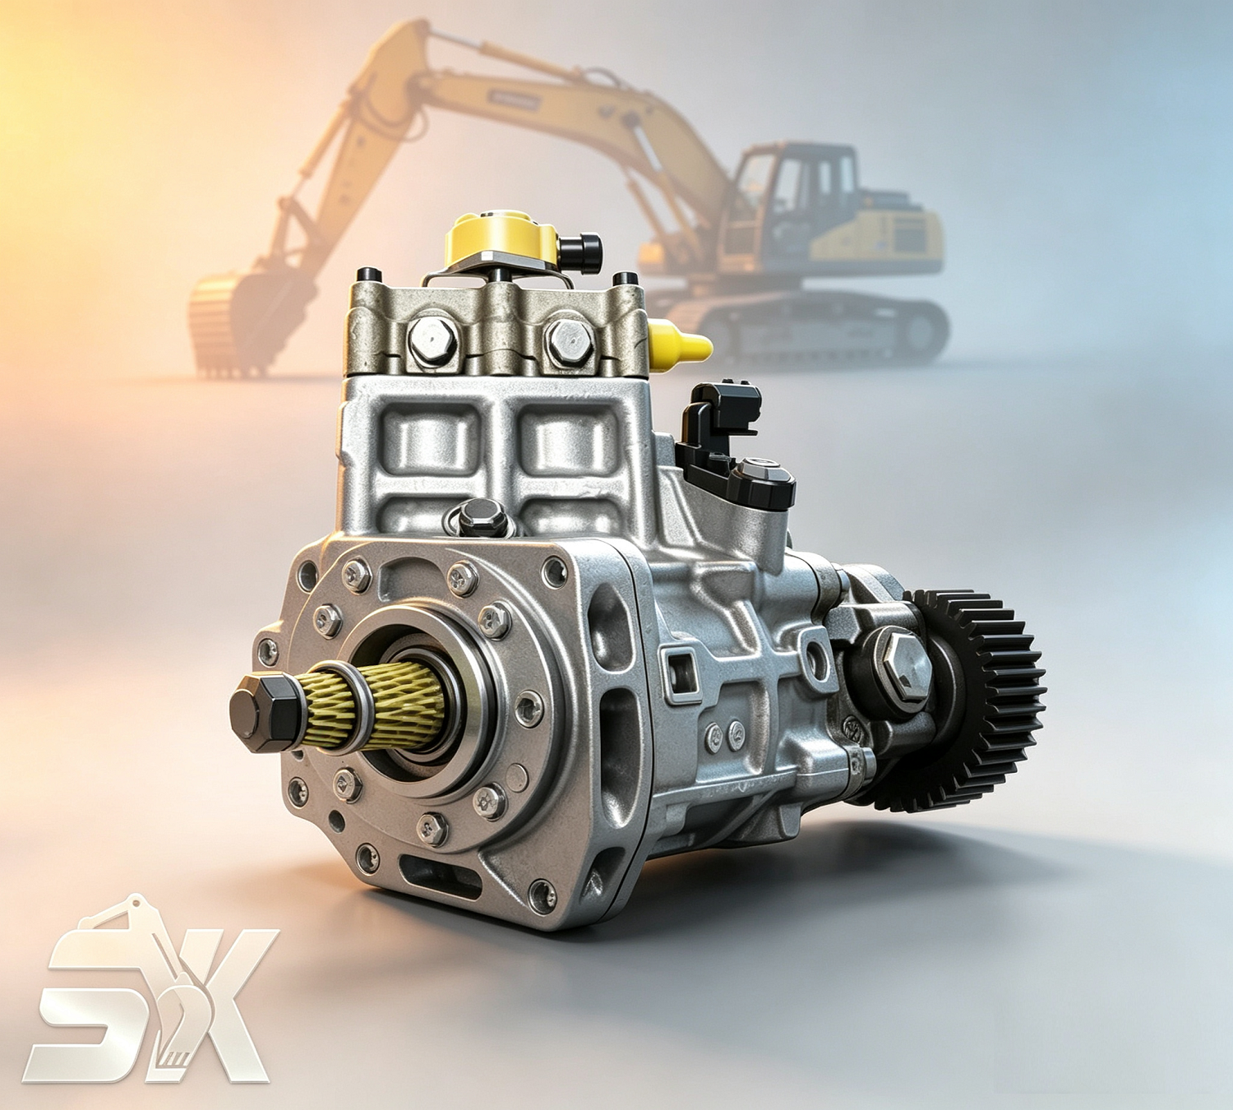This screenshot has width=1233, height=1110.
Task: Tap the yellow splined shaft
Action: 375,707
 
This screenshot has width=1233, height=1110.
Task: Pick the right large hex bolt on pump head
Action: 569,341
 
